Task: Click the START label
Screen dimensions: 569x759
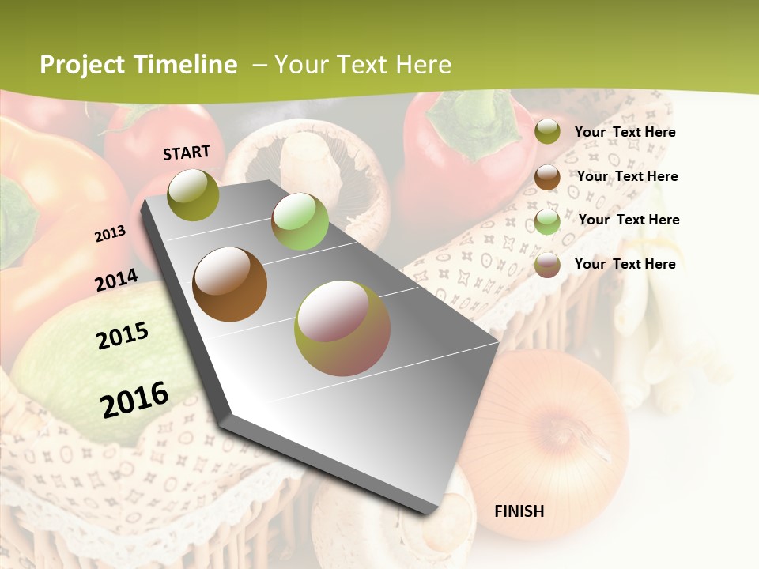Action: [x=187, y=153]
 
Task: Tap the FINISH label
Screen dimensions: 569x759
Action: [x=519, y=511]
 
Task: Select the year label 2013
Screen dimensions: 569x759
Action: [x=111, y=233]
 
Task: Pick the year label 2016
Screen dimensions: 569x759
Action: [x=134, y=399]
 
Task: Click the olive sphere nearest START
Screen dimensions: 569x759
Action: [x=194, y=194]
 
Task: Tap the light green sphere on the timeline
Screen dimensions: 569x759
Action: [x=300, y=221]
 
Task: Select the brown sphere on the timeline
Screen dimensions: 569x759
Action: [x=230, y=284]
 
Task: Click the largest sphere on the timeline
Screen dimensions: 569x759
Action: [x=342, y=328]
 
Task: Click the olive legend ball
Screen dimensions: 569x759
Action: [x=547, y=132]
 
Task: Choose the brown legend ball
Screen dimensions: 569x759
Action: [x=547, y=177]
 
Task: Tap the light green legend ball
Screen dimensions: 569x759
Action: [x=547, y=221]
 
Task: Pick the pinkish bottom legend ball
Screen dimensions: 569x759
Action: [x=547, y=265]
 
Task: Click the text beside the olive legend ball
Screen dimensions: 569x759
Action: [x=625, y=132]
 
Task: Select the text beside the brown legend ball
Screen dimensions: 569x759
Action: [x=627, y=176]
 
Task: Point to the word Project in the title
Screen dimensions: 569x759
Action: [x=82, y=65]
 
